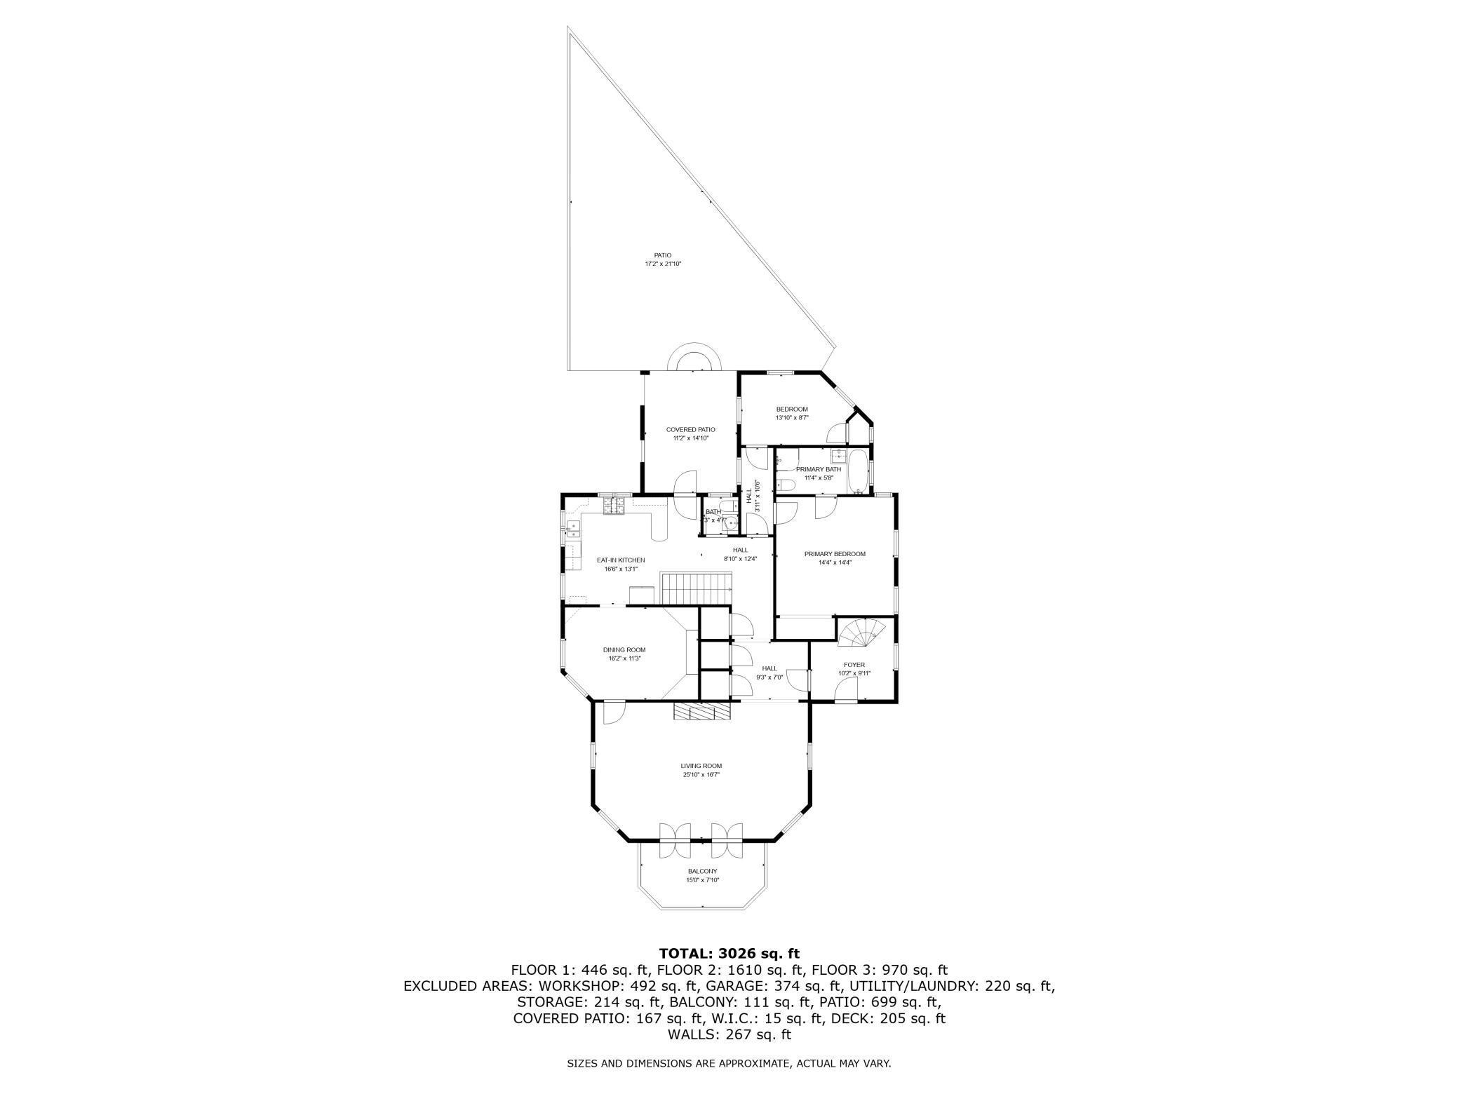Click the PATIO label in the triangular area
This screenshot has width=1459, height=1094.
pos(663,255)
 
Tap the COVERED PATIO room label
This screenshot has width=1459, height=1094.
pos(690,429)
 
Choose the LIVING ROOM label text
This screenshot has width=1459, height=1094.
pos(701,766)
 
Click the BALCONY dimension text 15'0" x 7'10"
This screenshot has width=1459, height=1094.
pos(702,880)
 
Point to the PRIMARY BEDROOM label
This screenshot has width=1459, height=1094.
pos(835,554)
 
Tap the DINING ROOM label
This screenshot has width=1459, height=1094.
pos(624,650)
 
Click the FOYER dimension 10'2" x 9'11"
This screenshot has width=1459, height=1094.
pos(854,673)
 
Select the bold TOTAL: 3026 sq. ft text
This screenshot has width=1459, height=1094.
pos(729,954)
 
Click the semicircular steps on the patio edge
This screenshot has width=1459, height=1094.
pos(694,359)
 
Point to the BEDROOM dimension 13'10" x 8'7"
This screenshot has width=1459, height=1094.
pos(792,418)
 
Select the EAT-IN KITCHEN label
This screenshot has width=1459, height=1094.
pos(621,560)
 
